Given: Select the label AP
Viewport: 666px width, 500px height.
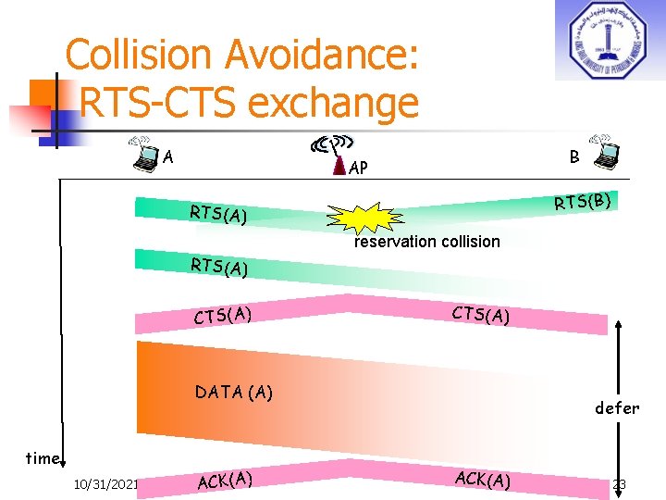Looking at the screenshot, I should click(x=359, y=169).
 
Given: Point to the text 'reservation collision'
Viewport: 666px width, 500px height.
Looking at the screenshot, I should click(x=427, y=242).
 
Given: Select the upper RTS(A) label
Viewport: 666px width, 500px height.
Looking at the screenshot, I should click(x=218, y=214).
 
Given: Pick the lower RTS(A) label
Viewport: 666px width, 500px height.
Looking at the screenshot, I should click(x=218, y=268).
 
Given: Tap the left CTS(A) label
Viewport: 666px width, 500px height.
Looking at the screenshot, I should click(x=223, y=315).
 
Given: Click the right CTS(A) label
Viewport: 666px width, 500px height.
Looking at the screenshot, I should click(x=480, y=315).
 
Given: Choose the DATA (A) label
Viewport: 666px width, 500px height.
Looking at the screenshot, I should click(x=233, y=392).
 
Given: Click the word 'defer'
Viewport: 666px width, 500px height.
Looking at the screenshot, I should click(x=616, y=407).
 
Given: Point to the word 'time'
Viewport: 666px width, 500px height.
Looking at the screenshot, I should click(x=43, y=457).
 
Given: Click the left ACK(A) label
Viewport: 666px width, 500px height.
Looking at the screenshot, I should click(x=225, y=480).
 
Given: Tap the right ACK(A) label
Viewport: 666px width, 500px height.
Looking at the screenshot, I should click(x=482, y=479).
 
